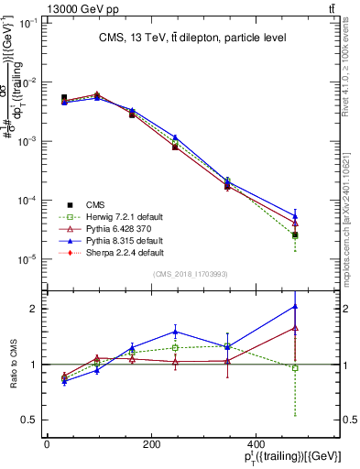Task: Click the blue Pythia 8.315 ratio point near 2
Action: tap(295, 306)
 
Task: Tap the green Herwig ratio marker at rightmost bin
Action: tap(295, 368)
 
